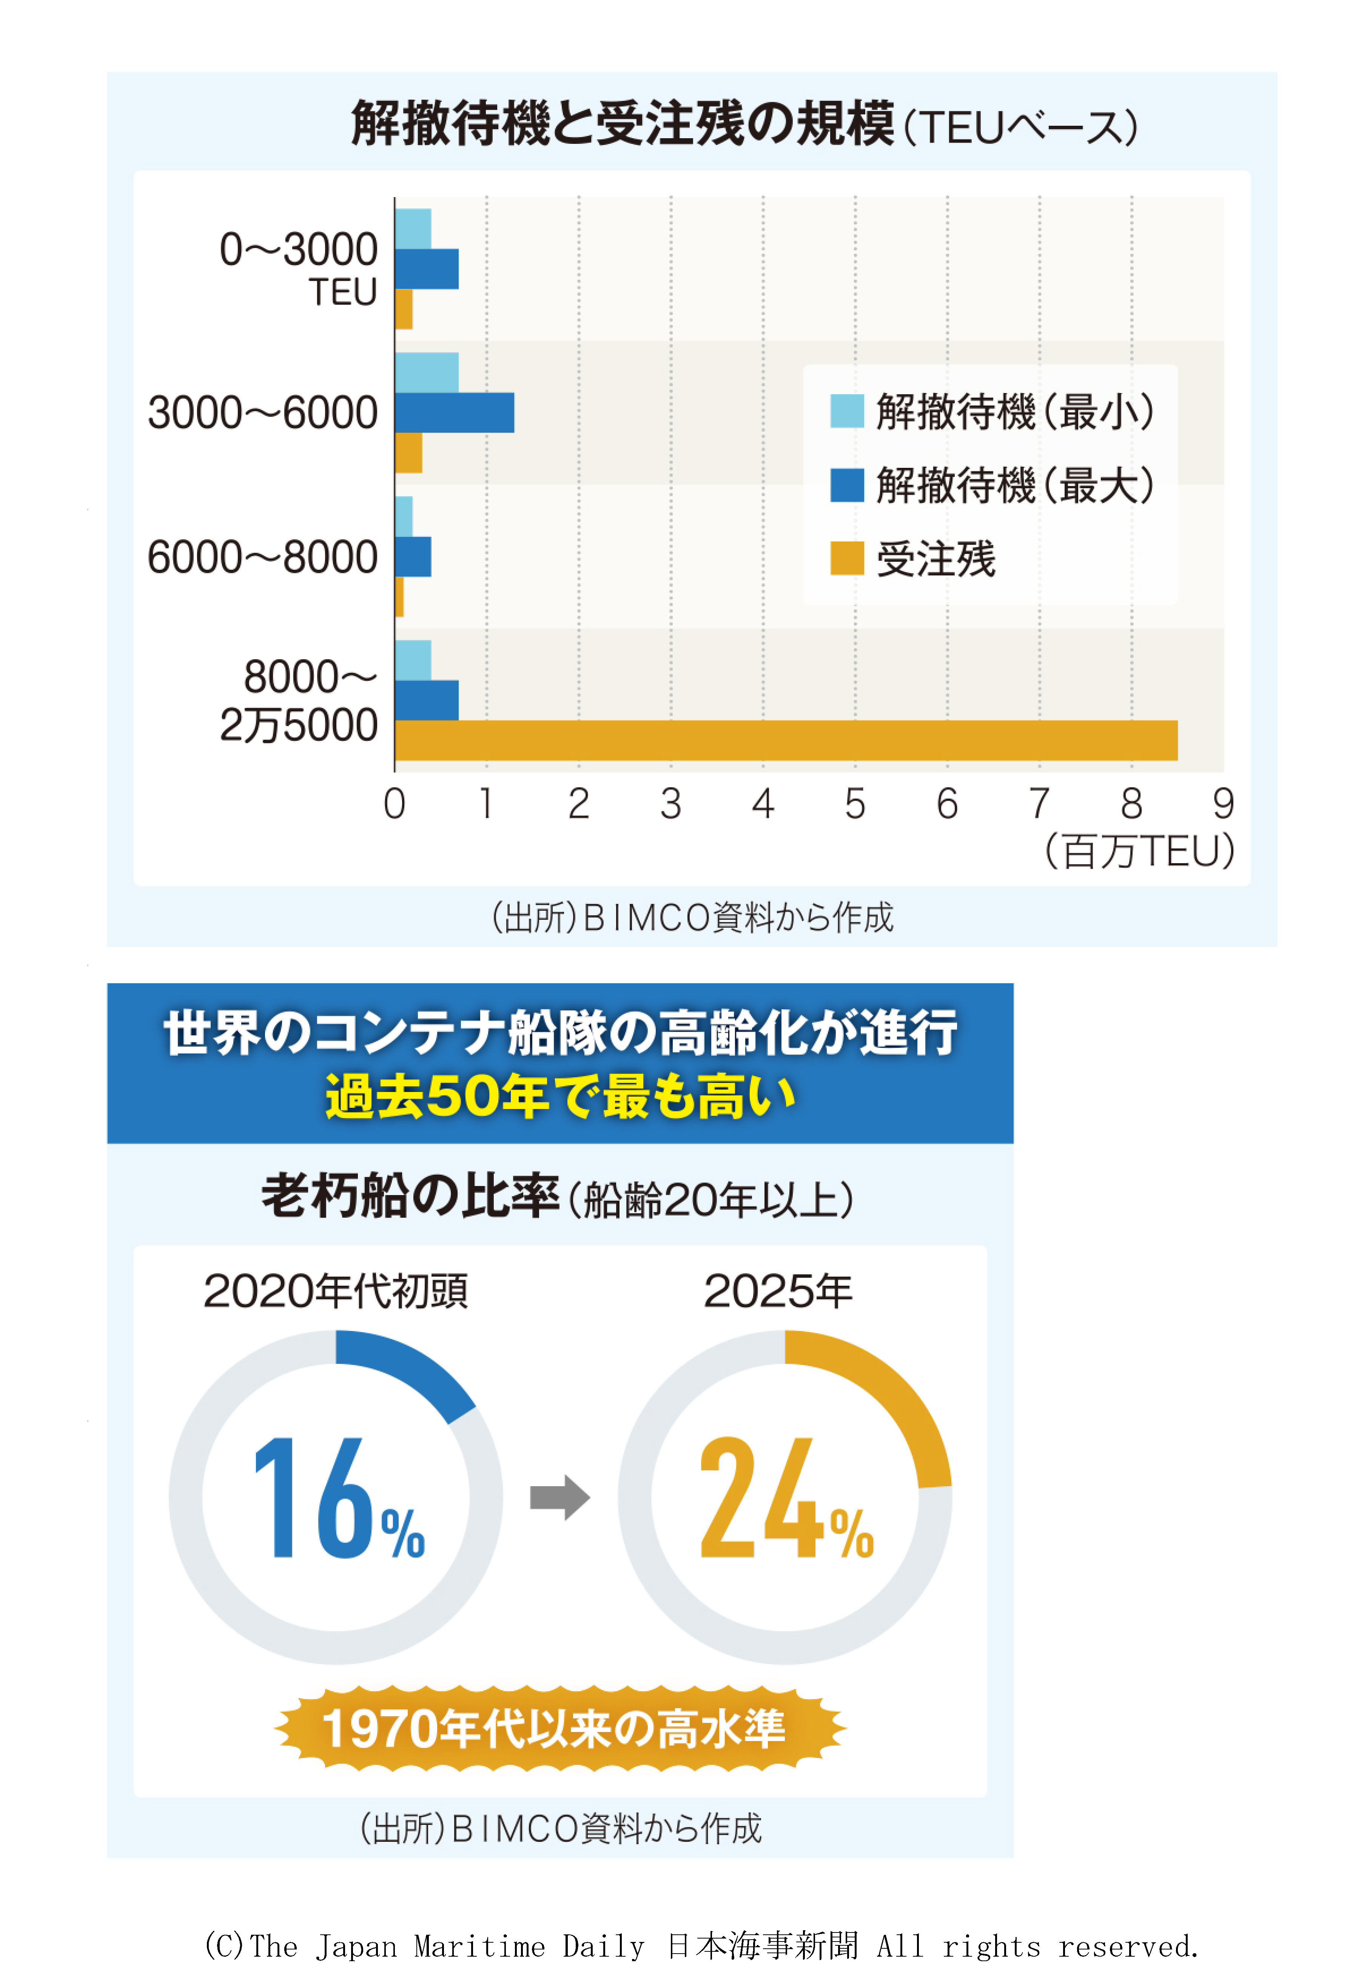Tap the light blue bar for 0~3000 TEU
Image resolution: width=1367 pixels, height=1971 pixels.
pos(413,229)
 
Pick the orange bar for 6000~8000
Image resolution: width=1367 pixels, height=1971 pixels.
pos(399,597)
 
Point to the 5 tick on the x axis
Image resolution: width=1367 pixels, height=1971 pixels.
pos(855,804)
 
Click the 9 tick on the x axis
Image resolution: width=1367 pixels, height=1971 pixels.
pos(1223,804)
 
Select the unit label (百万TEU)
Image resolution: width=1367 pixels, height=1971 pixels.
pos(1139,851)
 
